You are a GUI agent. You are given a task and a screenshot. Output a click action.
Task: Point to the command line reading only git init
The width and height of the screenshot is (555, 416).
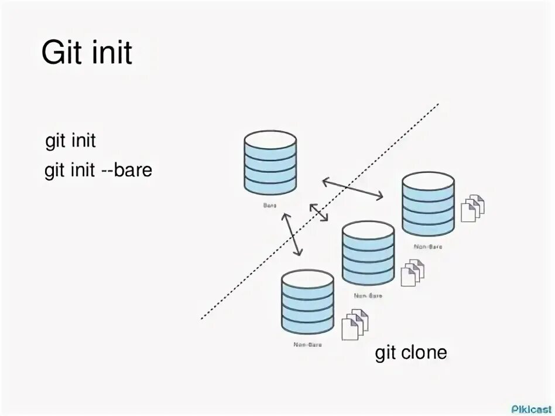pos(70,142)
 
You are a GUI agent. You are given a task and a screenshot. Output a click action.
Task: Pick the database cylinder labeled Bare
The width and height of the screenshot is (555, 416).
pos(270,163)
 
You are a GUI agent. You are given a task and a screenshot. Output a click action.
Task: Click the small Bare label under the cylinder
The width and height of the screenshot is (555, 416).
pos(270,206)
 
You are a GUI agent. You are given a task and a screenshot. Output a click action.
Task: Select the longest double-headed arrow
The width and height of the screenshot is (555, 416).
pos(353,189)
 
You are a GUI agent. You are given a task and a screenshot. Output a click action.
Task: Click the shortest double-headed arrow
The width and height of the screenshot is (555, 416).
pos(318,212)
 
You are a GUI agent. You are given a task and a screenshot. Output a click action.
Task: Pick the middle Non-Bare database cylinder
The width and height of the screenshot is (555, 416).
pos(368,253)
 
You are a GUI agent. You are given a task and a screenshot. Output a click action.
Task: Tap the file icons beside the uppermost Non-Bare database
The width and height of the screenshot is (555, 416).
pos(473,207)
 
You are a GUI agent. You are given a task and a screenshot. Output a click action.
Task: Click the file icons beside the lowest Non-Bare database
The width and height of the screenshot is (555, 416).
pos(354,323)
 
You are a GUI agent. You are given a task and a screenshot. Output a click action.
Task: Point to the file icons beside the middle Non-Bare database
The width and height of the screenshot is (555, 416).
pos(412,272)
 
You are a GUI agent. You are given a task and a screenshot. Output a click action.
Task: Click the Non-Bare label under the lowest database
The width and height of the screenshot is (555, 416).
pos(307,345)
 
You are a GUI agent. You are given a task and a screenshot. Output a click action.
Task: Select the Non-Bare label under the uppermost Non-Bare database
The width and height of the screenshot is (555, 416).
pos(428,247)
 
